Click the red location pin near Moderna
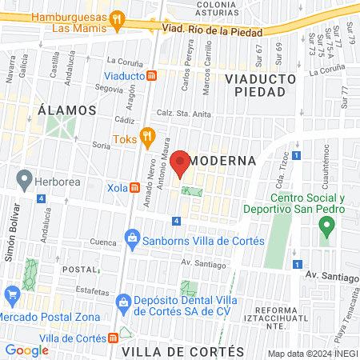tap(180, 162)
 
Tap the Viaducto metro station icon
tap(151, 75)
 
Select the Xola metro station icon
tap(135, 188)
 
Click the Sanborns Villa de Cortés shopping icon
tap(132, 238)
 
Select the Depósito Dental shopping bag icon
tap(122, 301)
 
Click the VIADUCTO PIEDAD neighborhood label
tap(261, 85)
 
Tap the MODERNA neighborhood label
tap(226, 160)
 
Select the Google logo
tap(27, 350)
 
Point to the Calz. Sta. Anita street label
tap(184, 114)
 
